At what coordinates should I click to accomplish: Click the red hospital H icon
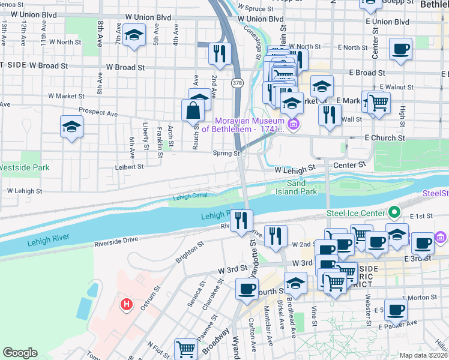pos(126,305)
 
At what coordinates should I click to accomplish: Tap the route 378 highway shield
pos(238,82)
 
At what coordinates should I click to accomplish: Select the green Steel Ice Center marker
pos(394,212)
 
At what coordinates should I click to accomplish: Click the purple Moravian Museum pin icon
pos(294,124)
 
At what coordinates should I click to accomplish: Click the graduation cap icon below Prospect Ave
pos(71,127)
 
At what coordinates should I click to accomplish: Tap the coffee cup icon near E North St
pos(400,49)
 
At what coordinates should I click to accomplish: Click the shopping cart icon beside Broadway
pos(186,349)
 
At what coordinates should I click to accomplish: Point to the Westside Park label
pos(24,168)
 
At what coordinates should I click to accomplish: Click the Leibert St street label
pos(130,167)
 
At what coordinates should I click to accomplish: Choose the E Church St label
pos(388,138)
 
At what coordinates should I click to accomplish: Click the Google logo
pos(20,353)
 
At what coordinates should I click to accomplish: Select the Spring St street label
pos(226,154)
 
